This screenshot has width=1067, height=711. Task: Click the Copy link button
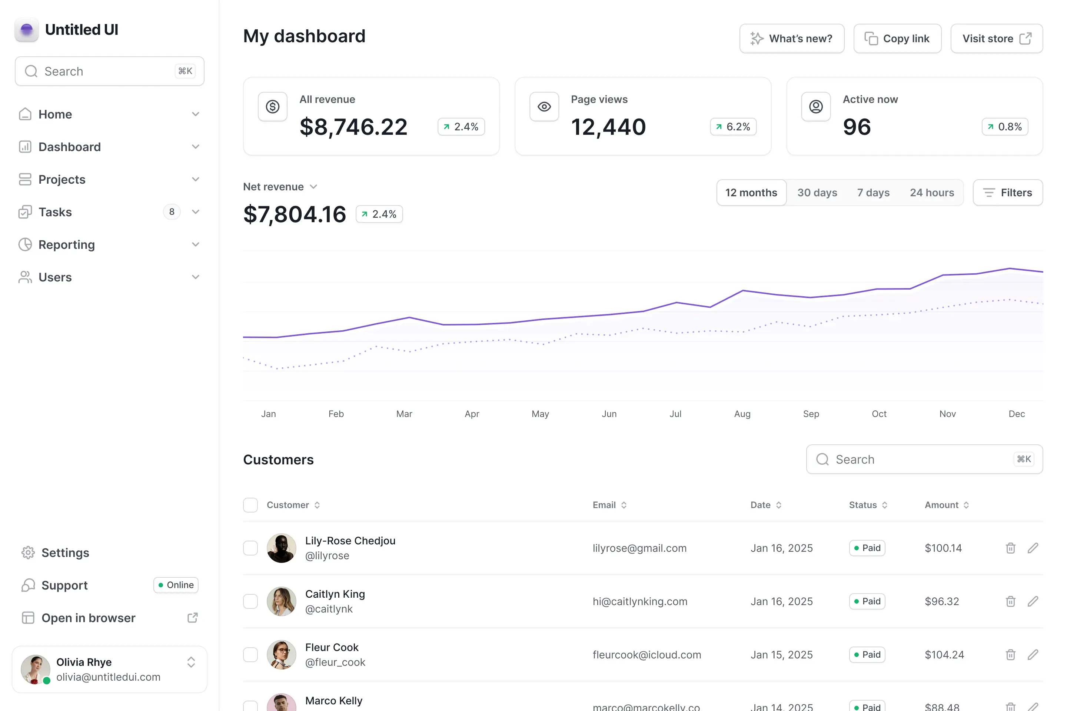click(897, 39)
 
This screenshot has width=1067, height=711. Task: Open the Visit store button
click(996, 39)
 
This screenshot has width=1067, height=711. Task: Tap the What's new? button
click(792, 39)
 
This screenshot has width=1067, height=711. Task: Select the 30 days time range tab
click(817, 193)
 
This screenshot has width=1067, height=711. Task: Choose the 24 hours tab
click(931, 193)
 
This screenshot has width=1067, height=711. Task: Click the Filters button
click(1008, 193)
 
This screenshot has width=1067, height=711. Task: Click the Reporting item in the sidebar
click(67, 245)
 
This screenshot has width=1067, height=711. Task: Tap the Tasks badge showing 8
click(172, 212)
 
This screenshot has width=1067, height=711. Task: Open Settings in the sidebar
click(65, 553)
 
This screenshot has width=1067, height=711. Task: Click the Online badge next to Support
click(176, 585)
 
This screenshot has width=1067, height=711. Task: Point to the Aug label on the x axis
click(742, 414)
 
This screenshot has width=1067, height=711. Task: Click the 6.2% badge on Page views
click(733, 127)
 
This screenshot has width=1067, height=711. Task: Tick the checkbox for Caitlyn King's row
click(250, 601)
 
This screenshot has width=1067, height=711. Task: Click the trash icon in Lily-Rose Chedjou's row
click(1010, 548)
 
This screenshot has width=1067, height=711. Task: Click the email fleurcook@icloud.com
click(646, 655)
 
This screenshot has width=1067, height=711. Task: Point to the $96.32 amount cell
click(942, 601)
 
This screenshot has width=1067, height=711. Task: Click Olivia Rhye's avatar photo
click(35, 669)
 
